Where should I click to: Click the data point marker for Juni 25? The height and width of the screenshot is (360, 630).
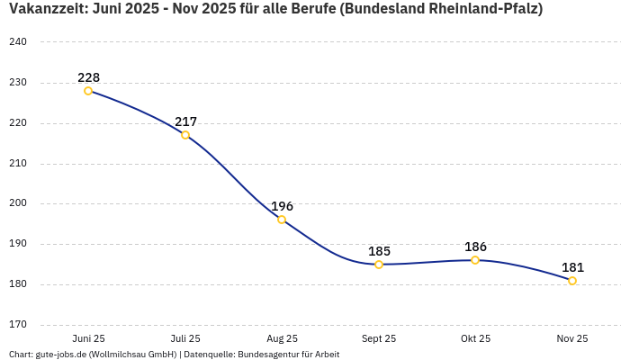[88, 91]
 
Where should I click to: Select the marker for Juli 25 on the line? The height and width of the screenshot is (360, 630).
[185, 135]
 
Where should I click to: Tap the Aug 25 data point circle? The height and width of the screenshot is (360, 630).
[282, 220]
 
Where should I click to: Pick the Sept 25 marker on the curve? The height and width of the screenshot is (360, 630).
[379, 265]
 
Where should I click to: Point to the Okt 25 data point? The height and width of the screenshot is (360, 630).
[475, 260]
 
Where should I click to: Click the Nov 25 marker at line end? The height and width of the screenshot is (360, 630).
[572, 281]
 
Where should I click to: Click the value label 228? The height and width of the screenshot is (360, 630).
[88, 77]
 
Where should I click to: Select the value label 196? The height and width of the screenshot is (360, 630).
[282, 206]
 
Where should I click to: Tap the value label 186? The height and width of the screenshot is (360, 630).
[475, 247]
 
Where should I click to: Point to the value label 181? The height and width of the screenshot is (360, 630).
[572, 267]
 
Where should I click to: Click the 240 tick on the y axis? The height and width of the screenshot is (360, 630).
[18, 42]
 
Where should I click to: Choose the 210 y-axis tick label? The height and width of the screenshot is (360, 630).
[18, 164]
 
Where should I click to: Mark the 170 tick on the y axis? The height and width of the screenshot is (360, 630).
[18, 325]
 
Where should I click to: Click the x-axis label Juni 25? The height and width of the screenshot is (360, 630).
[88, 338]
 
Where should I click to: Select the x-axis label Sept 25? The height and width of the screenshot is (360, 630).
[379, 338]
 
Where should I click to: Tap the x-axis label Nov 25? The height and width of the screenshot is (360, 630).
[572, 338]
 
